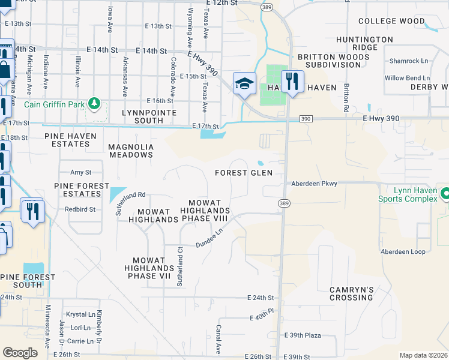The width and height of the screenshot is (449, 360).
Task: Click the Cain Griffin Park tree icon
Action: [94, 104]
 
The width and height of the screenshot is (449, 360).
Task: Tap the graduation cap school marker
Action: [244, 83]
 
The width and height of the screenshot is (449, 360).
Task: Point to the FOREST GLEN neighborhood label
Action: [244, 173]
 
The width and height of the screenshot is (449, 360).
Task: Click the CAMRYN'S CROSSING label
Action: [352, 293]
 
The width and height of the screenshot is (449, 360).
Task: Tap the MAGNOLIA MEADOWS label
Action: [131, 151]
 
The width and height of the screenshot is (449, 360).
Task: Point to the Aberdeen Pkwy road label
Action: [314, 183]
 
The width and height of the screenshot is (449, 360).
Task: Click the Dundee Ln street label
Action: [209, 240]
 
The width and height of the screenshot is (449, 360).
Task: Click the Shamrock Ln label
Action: [409, 61]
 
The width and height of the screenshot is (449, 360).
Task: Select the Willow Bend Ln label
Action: [407, 78]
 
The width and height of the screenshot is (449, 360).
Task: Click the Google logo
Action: [20, 353]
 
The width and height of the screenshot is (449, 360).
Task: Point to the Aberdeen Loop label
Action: [405, 251]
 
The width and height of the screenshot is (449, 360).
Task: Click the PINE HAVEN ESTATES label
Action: [67, 140]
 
